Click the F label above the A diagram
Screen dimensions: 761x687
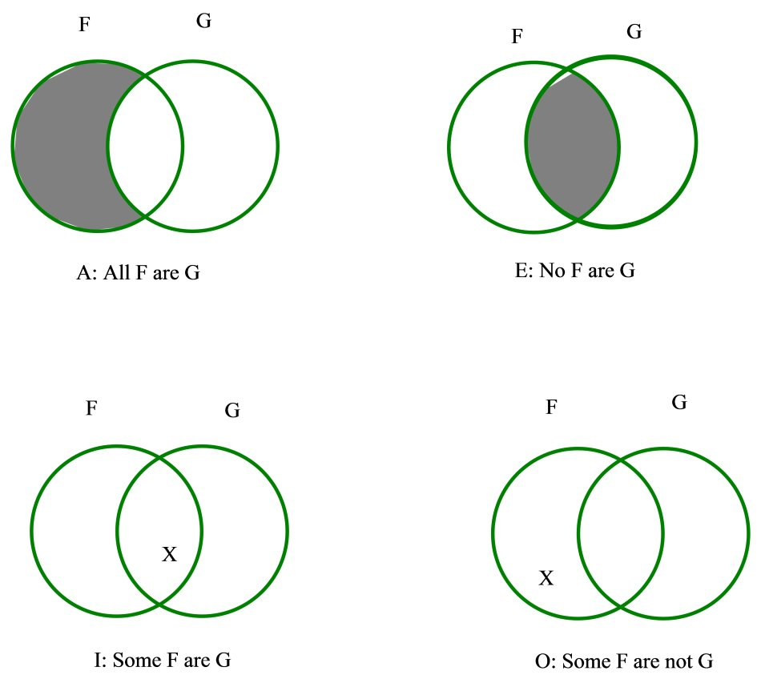pos(84,25)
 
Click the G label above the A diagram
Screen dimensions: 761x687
pos(204,22)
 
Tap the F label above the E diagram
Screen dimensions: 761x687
pos(517,36)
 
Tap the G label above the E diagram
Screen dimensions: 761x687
pos(634,32)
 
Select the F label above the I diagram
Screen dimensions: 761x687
pos(91,408)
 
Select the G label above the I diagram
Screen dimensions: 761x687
pos(232,412)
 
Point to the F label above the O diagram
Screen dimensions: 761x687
pos(551,408)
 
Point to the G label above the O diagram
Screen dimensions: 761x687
pos(678,403)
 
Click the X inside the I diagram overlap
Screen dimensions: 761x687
pos(169,554)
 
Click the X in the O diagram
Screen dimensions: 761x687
pos(546,578)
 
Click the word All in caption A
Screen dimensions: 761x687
pos(115,273)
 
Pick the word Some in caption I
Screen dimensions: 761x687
pos(134,661)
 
